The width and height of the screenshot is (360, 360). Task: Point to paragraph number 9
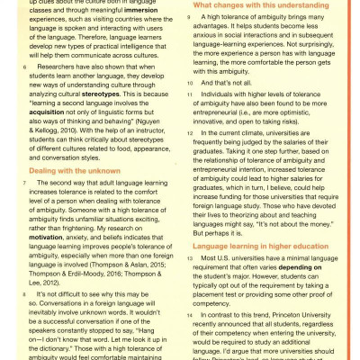(x=189, y=18)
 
